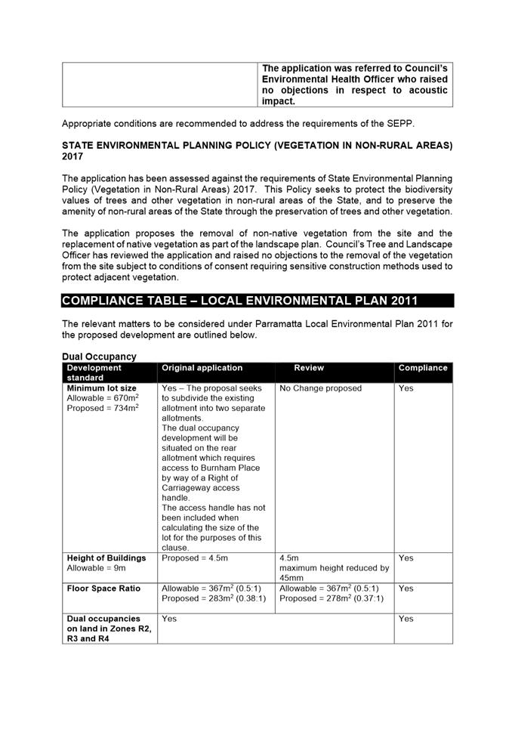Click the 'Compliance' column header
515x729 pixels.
tap(423, 368)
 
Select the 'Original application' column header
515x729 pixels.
tap(202, 368)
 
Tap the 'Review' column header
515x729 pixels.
tap(309, 368)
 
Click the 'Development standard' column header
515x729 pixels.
tap(94, 372)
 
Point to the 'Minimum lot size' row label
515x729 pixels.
tap(102, 388)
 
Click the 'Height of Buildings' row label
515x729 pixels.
tap(106, 558)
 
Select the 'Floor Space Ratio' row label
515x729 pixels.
tap(102, 588)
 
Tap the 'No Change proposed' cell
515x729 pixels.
tap(321, 388)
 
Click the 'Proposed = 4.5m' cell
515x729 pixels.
tap(195, 558)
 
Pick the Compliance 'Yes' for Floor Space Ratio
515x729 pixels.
tap(406, 588)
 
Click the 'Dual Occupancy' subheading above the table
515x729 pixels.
tap(99, 357)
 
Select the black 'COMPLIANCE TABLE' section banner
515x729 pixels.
tap(257, 301)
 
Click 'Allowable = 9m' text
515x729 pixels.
tap(95, 568)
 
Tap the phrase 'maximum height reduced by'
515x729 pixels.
tap(334, 568)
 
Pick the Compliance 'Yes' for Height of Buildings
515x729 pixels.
tap(406, 558)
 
